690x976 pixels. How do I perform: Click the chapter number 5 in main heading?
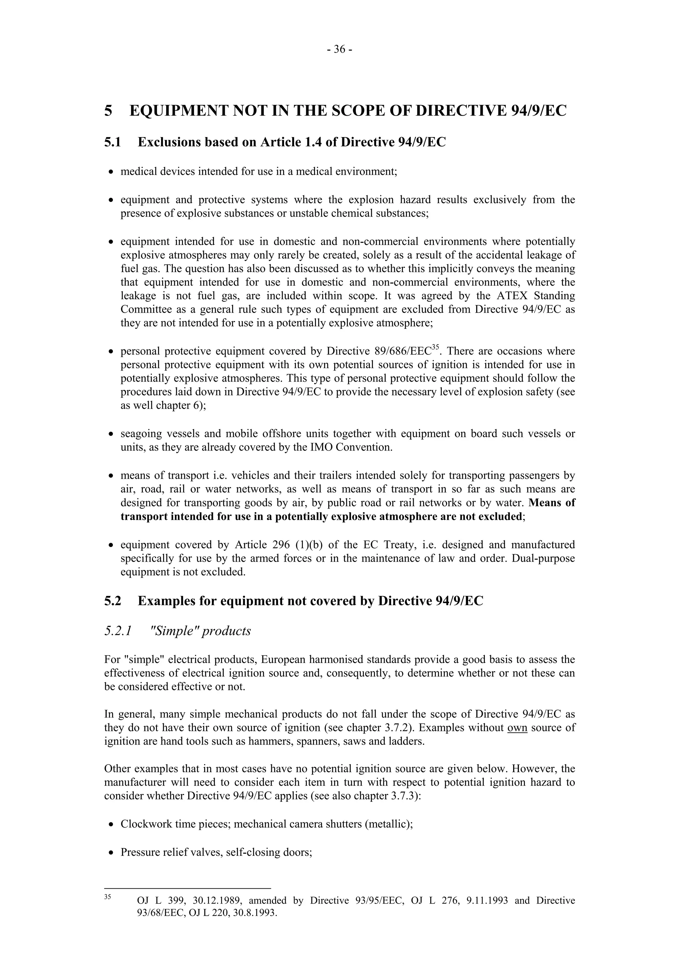coord(108,111)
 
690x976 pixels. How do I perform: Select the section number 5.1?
coord(113,142)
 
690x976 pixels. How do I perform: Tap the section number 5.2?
coord(113,601)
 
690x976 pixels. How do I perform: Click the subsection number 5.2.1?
coord(117,631)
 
